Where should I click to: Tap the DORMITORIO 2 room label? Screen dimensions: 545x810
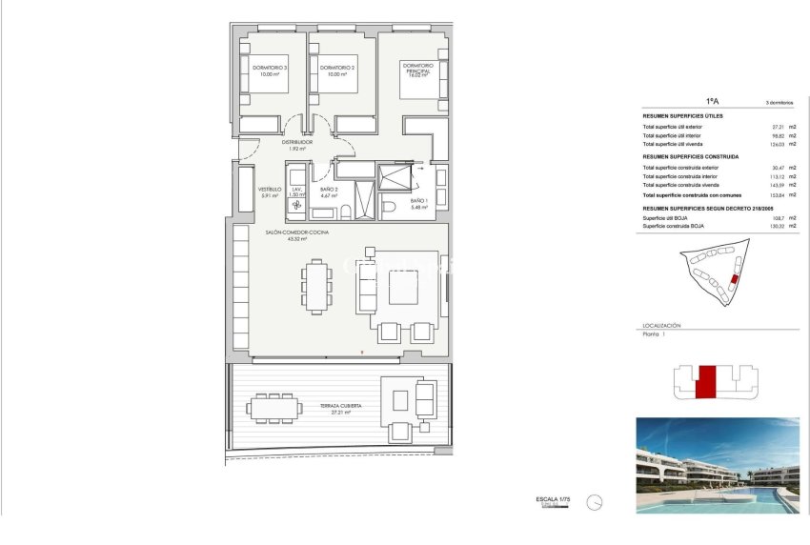coord(337,68)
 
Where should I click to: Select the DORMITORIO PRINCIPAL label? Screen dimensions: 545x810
coord(417,70)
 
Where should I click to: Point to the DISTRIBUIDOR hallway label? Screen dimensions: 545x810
coord(296,142)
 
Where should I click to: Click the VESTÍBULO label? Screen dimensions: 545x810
coord(271,189)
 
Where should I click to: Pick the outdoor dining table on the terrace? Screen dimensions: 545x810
coord(273,409)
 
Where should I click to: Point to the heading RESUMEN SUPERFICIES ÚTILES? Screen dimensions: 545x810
coord(682,116)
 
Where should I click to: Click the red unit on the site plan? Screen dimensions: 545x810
coord(733,280)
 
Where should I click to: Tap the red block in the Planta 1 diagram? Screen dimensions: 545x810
coord(706,382)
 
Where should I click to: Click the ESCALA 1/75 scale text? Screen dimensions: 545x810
coord(553,499)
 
